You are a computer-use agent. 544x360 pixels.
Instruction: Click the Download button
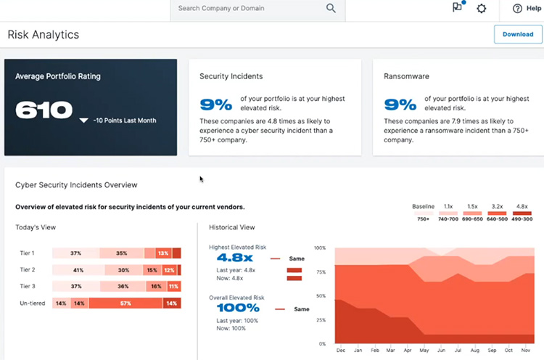tap(518, 34)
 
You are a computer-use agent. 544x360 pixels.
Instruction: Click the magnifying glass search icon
tap(331, 9)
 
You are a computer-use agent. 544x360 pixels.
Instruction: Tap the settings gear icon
tap(482, 9)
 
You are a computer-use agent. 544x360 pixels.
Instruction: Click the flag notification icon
tap(458, 8)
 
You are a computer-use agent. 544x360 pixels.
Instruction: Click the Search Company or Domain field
tap(247, 9)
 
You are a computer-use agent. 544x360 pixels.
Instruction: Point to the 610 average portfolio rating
tap(44, 110)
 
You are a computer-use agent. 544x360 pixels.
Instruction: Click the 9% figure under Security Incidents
tap(215, 105)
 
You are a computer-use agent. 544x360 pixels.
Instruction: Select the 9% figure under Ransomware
tap(400, 105)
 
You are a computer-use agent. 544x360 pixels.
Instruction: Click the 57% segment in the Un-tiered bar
tap(125, 303)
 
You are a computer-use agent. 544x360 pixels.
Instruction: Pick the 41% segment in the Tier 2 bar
tap(78, 270)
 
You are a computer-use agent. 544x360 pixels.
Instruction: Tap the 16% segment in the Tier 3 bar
tap(156, 287)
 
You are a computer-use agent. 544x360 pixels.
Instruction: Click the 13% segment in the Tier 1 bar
tap(163, 253)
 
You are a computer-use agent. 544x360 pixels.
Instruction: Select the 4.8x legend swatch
tap(522, 213)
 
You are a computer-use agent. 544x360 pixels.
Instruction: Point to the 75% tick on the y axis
tap(321, 272)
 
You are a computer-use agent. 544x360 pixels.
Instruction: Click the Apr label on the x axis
tap(407, 350)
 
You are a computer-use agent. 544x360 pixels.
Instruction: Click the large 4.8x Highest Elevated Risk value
tap(233, 258)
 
